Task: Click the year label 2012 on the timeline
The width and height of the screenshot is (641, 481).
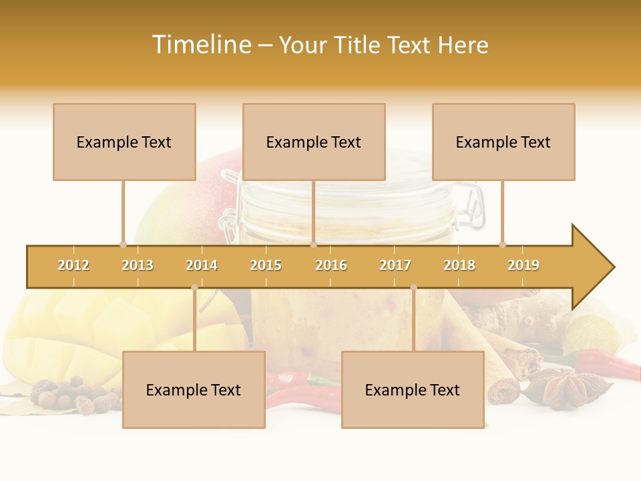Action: point(73,265)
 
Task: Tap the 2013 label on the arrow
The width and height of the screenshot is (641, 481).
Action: point(138,265)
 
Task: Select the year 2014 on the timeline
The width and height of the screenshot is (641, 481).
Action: point(202,265)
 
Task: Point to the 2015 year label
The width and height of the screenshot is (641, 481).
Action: point(266,265)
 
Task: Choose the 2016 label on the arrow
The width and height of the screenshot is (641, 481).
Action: point(331,265)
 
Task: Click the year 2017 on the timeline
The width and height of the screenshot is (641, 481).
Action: point(395,265)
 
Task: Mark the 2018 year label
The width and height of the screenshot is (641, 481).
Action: point(459,265)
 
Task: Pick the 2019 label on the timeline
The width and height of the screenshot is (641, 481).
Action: point(523,265)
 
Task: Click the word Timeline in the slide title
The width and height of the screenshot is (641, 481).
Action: point(200,45)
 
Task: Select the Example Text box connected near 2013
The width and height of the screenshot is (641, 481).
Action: point(124,142)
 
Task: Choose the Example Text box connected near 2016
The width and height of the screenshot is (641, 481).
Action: point(314,142)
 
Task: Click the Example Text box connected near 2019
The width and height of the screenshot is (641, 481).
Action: point(503,142)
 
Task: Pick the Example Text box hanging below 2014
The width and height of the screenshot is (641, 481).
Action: point(194,389)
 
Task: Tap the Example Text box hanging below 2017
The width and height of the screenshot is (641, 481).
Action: point(413,389)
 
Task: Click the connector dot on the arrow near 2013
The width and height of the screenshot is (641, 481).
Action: point(123,245)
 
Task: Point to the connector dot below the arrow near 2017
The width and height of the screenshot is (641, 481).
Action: point(413,287)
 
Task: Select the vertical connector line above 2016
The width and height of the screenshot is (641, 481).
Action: point(313,211)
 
